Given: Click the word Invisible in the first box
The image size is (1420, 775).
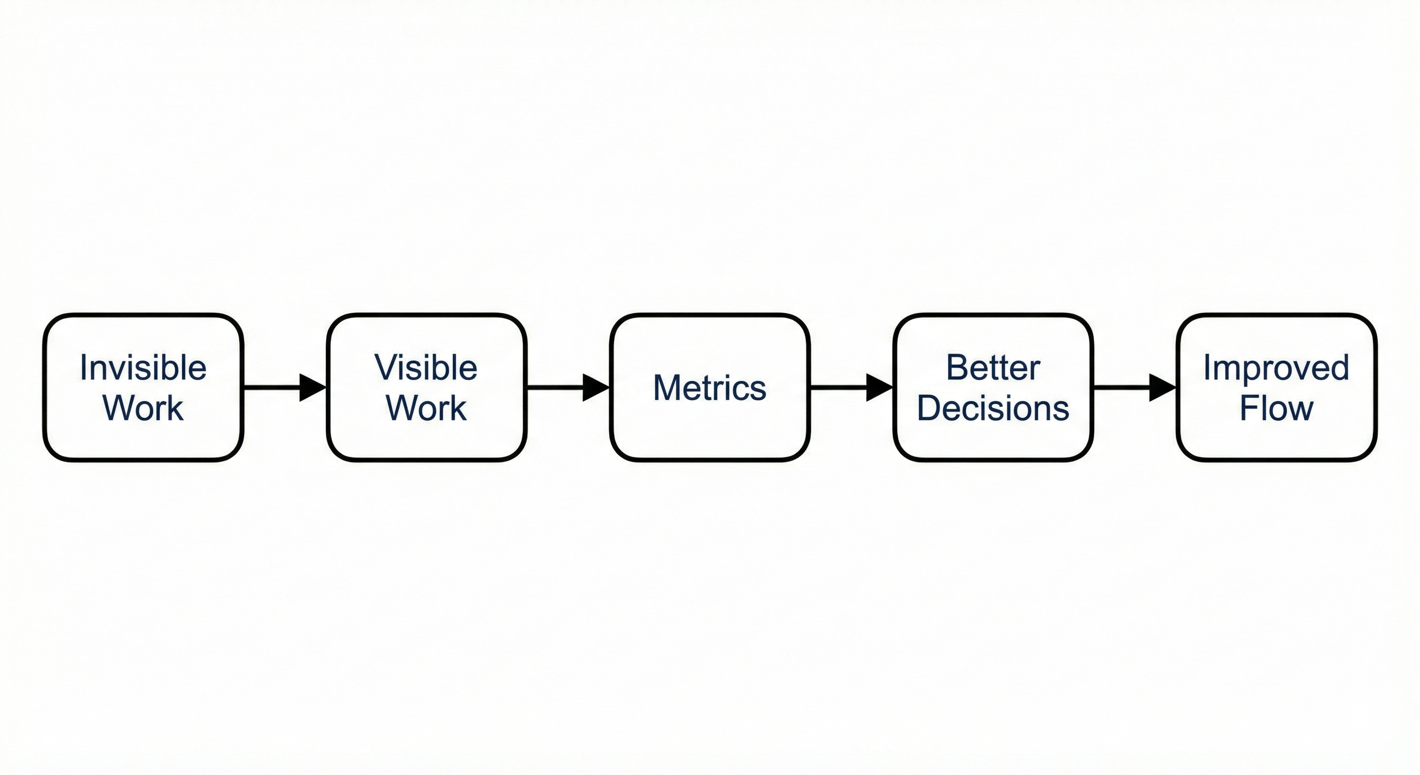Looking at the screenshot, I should (143, 368).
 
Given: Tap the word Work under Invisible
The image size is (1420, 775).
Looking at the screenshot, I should (143, 409).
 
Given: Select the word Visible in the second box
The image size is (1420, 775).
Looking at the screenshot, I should (426, 368).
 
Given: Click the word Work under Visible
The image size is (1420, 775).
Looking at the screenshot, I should (426, 409).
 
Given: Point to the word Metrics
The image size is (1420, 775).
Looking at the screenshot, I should (709, 388).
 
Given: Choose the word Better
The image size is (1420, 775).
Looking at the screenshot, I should (993, 368).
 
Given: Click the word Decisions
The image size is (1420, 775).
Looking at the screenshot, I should (993, 409).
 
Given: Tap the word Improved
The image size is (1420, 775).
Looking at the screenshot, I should (1276, 368).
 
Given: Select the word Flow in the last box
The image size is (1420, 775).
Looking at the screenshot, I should (1276, 409).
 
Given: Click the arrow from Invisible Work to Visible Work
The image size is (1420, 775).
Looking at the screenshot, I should (276, 388).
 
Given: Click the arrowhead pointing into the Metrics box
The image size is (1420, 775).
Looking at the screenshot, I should (596, 388).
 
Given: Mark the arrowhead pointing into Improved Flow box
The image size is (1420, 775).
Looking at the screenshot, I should (1162, 388).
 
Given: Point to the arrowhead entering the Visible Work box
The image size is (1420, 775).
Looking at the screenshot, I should (312, 388).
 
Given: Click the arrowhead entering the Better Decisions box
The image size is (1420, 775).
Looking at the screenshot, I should (879, 388).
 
